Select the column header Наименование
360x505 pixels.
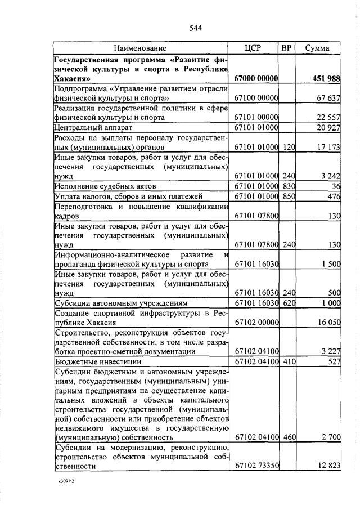pyautogui.click(x=141, y=48)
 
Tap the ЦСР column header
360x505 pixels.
pyautogui.click(x=254, y=48)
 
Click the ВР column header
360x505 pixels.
pyautogui.click(x=287, y=48)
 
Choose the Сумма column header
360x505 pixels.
pyautogui.click(x=317, y=48)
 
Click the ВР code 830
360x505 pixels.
pyautogui.click(x=289, y=186)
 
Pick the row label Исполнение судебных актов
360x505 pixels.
pyautogui.click(x=105, y=186)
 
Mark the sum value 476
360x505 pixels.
pyautogui.click(x=334, y=196)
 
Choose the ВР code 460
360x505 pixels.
pyautogui.click(x=289, y=436)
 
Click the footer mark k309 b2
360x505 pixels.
pyautogui.click(x=66, y=483)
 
